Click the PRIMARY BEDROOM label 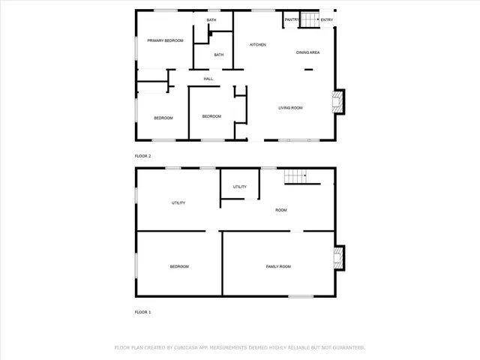165,40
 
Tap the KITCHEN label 258,45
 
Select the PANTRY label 292,19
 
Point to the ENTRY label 327,19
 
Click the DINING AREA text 308,52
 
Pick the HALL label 208,79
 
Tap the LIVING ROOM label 290,108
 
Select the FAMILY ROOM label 278,267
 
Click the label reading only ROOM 281,210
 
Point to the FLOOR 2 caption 142,156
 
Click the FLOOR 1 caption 142,311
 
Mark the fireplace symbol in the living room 338,102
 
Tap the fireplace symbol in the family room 338,258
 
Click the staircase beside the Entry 310,20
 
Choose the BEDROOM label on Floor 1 178,267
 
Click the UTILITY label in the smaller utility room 240,187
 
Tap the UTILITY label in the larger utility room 178,203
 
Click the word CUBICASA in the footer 186,348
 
